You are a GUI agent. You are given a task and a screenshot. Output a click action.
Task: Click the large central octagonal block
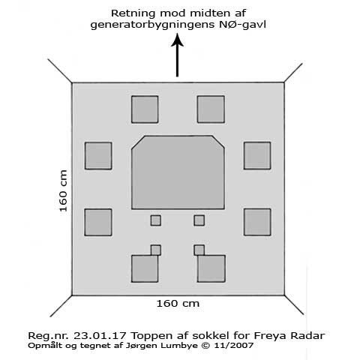[x=178, y=172]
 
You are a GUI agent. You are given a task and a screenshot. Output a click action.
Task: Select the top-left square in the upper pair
[x=145, y=109]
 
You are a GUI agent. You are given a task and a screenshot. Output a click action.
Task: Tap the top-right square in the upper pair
[x=211, y=109]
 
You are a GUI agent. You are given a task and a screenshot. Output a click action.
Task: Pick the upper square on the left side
[x=98, y=156]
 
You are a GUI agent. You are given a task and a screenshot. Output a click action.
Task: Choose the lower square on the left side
[x=98, y=222]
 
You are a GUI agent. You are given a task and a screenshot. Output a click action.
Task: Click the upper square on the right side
[x=257, y=155]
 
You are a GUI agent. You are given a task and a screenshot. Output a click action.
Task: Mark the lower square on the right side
[x=257, y=222]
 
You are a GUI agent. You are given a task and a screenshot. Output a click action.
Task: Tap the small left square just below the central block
[x=155, y=220]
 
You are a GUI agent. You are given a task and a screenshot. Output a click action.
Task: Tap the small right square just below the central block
[x=199, y=220]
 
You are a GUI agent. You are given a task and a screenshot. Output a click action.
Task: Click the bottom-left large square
[x=145, y=268]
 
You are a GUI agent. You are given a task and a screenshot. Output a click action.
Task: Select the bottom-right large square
[x=211, y=268]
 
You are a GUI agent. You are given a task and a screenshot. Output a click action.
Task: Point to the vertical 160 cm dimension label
[x=63, y=191]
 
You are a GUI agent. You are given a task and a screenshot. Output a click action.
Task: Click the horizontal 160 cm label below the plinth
[x=178, y=304]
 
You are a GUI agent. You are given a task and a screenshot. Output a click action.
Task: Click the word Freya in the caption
[x=270, y=336]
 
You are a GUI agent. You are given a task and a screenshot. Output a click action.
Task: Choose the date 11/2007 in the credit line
[x=233, y=346]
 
